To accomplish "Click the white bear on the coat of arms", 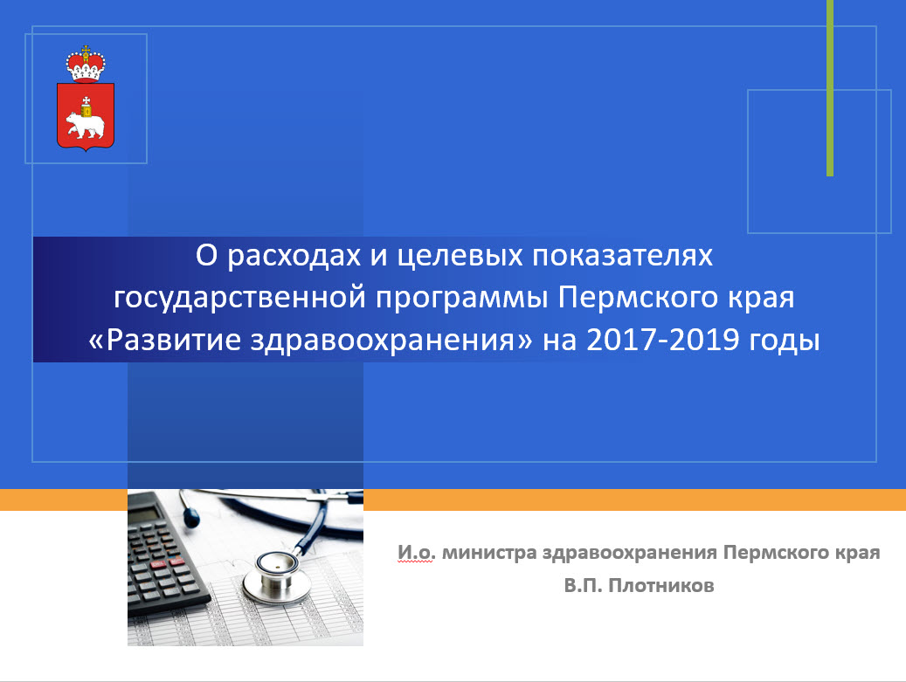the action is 85,126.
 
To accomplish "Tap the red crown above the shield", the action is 86,64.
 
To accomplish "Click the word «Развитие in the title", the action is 164,340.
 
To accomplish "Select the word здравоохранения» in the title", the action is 391,341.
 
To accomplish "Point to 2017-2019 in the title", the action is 663,340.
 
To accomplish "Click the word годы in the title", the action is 784,341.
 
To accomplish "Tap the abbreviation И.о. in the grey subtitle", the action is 416,553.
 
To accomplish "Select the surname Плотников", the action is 661,586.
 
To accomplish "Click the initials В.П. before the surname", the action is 584,586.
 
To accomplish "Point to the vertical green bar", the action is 830,88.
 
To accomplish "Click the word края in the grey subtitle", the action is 858,554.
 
